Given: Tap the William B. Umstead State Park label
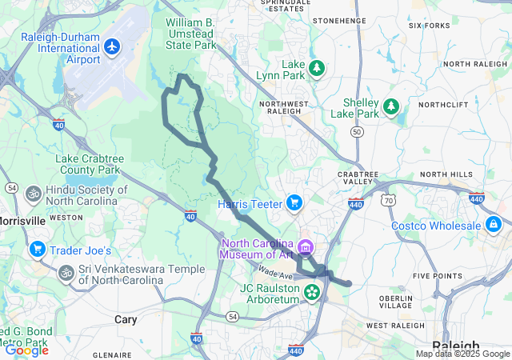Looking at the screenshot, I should (x=191, y=34).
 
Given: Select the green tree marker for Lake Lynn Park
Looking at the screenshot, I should (x=317, y=68).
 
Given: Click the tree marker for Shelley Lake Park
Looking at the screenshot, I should (x=390, y=106).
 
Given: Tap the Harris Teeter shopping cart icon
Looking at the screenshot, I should (x=294, y=203).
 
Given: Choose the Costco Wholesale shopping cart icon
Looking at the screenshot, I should (x=494, y=225).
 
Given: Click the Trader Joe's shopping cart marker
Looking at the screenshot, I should (x=36, y=250).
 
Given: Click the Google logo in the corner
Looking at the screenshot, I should (x=26, y=350).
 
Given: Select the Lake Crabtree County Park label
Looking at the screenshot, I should (x=88, y=164).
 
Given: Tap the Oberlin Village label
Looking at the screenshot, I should (x=395, y=300).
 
